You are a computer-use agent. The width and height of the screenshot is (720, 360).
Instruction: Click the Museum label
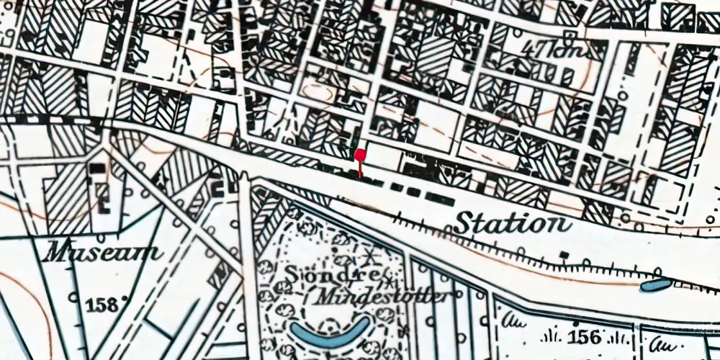pos(102,253)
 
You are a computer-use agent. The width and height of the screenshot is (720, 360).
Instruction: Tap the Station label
pos(512,222)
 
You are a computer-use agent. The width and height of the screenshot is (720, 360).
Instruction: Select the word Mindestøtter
pos(380,297)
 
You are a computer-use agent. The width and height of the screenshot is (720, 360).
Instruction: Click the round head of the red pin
pos(359,154)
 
